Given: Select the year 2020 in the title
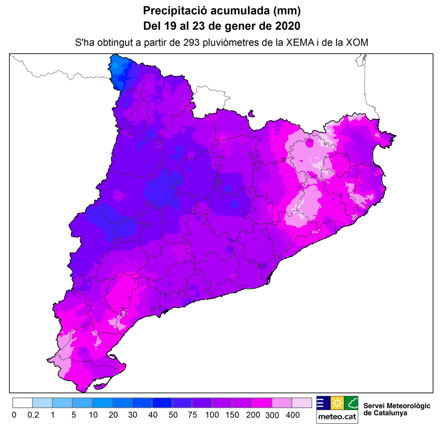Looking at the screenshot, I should [x=287, y=26].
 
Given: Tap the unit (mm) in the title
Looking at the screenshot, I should [x=287, y=11].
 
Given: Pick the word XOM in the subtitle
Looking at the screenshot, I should [x=357, y=43].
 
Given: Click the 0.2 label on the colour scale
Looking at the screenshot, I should [x=33, y=415].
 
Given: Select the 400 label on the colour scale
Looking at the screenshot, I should [x=292, y=415].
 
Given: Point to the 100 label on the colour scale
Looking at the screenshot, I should [x=212, y=415].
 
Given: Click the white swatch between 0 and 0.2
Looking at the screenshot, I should [x=23, y=403].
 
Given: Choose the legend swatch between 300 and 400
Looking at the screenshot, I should [x=282, y=403].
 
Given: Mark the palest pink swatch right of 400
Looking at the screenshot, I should [x=302, y=403].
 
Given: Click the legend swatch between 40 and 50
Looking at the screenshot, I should [x=162, y=403].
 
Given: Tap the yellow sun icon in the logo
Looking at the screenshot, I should [x=337, y=403].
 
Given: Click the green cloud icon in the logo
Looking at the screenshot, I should [x=351, y=403].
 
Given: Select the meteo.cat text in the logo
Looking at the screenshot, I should [x=337, y=417].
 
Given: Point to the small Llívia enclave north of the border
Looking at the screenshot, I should [x=252, y=113].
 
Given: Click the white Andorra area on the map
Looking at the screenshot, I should [x=211, y=98].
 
